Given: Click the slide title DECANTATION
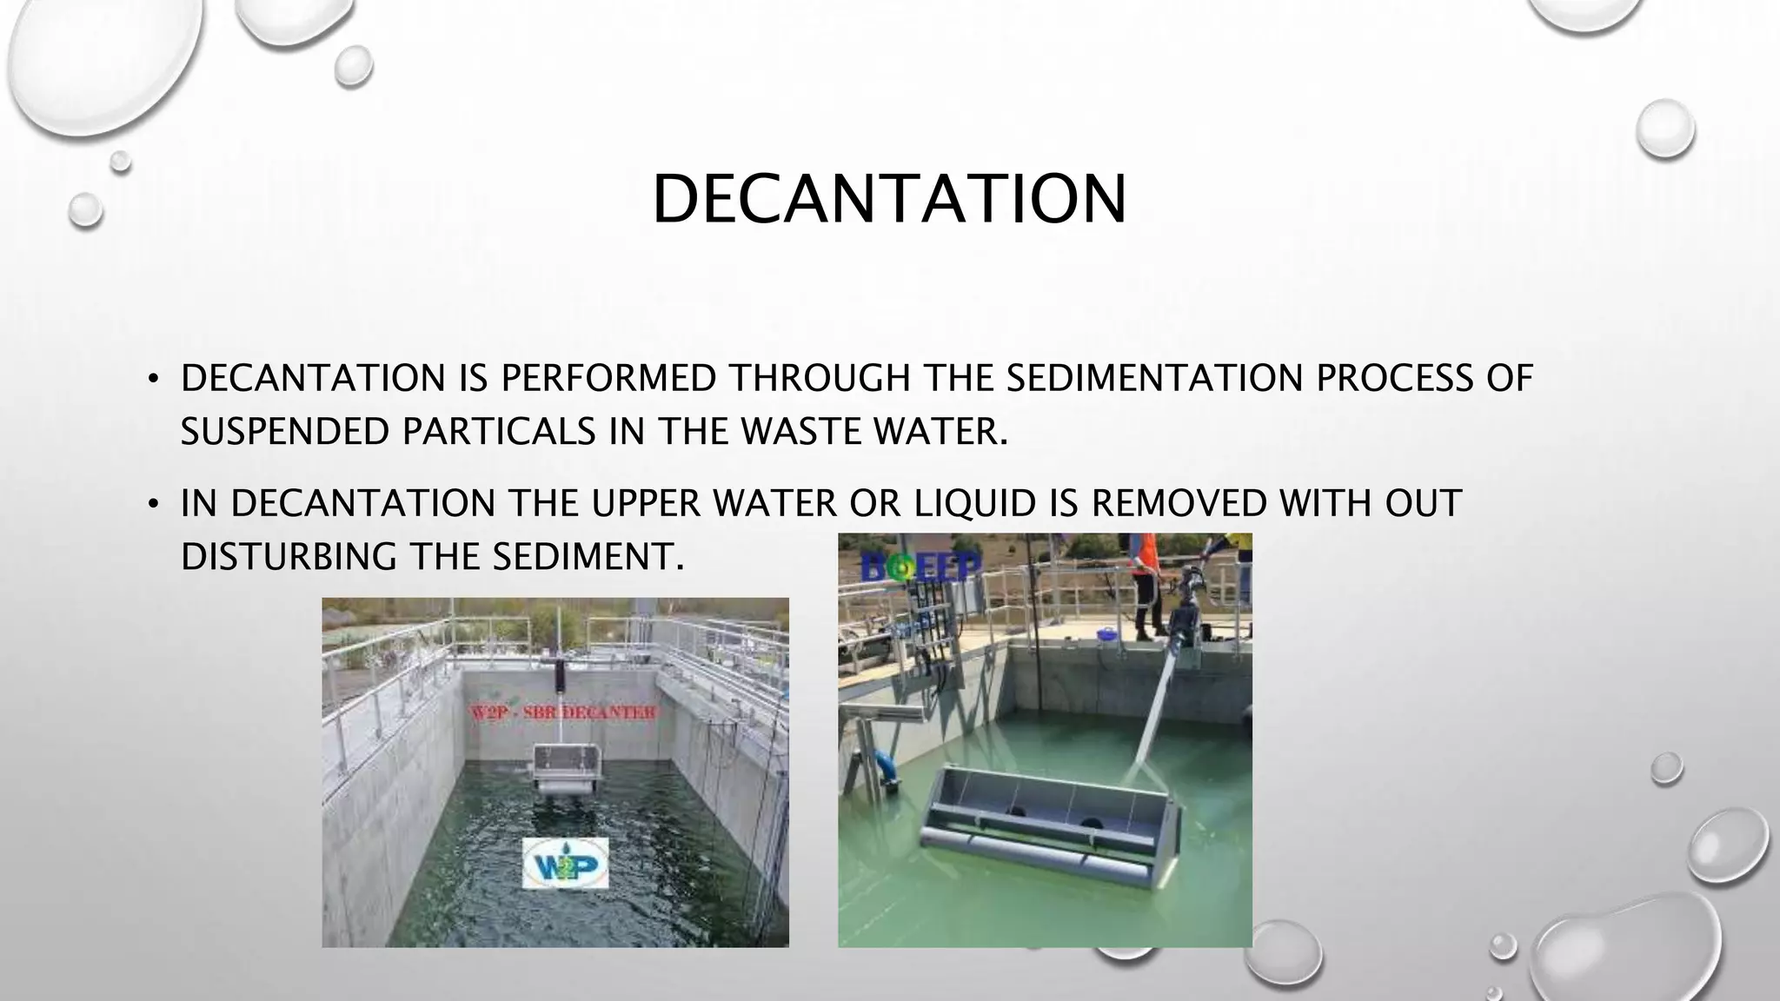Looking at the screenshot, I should coord(889,200).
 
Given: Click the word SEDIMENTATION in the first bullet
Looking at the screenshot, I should coord(1154,378).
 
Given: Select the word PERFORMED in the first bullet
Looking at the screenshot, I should coord(608,378).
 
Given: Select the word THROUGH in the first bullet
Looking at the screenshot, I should coord(819,378).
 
